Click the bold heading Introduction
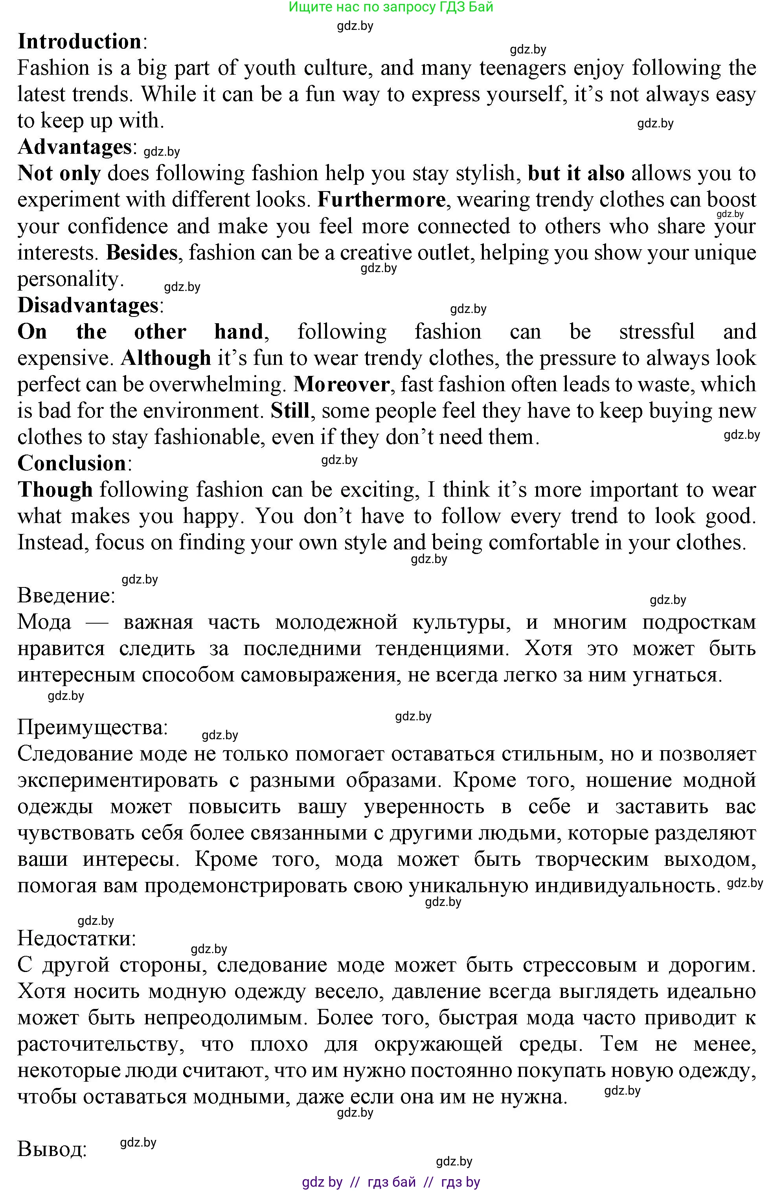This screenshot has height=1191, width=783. pos(79,42)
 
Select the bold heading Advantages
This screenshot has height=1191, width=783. pos(75,147)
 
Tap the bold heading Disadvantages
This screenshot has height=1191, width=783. pos(88,305)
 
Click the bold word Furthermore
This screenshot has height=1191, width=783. pos(381,200)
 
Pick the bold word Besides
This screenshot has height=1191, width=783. pos(142,253)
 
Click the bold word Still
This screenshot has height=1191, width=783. pos(290,411)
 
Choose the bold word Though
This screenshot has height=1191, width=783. pos(55,490)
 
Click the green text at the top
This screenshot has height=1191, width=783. pos(391,7)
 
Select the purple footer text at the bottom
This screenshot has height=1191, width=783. pos(391,1182)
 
